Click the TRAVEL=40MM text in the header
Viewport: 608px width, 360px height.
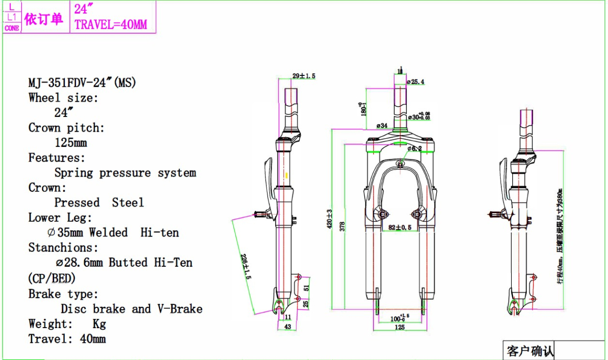[x=111, y=24]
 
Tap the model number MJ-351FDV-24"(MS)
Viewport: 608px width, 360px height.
[x=82, y=83]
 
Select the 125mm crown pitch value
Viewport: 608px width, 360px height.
[x=71, y=143]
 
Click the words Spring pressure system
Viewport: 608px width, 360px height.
[x=125, y=173]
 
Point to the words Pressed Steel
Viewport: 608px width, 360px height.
[x=99, y=203]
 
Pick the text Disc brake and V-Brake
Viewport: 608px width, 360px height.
[x=132, y=309]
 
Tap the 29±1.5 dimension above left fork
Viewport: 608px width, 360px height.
[x=304, y=76]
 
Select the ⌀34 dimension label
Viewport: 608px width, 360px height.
[x=382, y=125]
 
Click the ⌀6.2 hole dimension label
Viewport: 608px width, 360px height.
[x=415, y=148]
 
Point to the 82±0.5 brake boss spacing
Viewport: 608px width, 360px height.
[x=400, y=227]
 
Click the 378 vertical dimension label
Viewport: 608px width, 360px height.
[x=342, y=226]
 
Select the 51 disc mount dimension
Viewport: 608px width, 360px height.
[x=306, y=288]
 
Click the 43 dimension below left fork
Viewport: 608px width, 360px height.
[x=288, y=327]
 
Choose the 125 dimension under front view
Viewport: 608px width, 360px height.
[x=400, y=328]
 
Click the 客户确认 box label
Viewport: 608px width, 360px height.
[x=530, y=350]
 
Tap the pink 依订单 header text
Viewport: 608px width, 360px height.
[x=44, y=19]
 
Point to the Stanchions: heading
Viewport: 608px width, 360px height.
[x=63, y=248]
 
